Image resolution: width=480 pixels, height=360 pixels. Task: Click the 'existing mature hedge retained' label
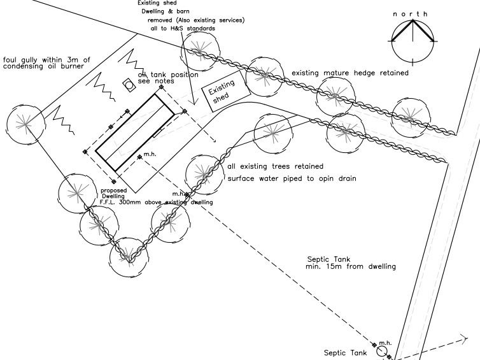(350, 73)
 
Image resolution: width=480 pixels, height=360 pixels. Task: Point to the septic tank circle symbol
(382, 350)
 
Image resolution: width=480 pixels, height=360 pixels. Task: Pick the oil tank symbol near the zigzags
(128, 85)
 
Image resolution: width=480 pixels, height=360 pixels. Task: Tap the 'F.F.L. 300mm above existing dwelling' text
(156, 202)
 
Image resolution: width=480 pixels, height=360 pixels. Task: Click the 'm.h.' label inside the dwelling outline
(150, 155)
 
